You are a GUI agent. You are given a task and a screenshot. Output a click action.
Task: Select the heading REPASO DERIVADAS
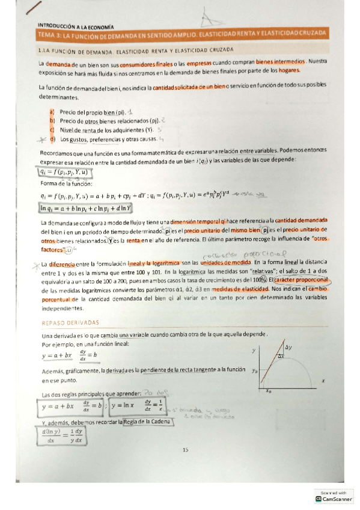coord(65,322)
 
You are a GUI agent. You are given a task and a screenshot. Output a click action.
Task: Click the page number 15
coord(186,449)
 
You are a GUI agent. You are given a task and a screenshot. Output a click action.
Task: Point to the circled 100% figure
coord(259,280)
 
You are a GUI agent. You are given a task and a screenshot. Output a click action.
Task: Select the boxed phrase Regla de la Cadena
coord(147,422)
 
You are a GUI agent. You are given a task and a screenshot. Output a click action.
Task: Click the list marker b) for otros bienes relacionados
coord(52,120)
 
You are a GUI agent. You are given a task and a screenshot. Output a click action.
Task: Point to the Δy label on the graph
coord(288,348)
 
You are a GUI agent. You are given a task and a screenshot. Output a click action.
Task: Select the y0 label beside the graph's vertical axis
coord(255,370)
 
